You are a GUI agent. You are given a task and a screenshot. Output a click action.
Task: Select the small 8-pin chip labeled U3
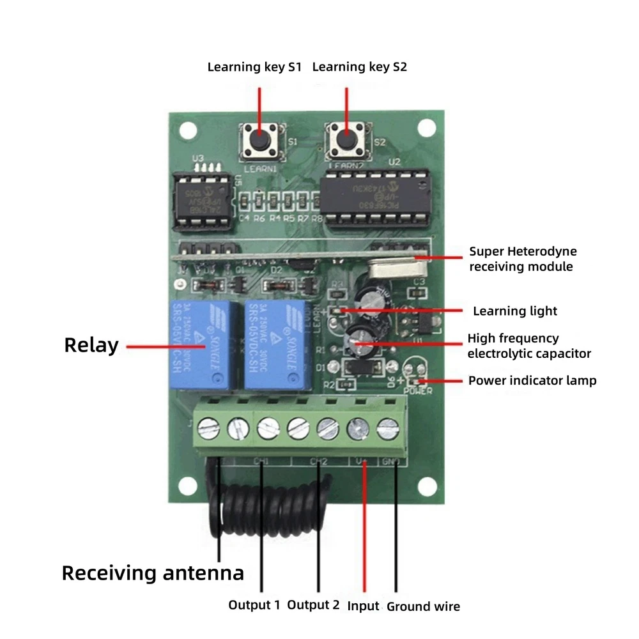click(x=203, y=201)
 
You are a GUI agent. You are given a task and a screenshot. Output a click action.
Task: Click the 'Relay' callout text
click(x=91, y=346)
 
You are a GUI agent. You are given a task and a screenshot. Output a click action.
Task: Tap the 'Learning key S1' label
click(x=254, y=67)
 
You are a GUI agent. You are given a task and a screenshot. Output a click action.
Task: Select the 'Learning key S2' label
click(x=359, y=67)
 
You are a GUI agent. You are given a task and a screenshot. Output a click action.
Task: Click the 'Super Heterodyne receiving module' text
click(x=522, y=259)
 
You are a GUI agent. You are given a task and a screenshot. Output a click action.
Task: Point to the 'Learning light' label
click(x=514, y=311)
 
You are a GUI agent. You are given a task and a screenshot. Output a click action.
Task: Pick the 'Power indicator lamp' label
click(x=532, y=381)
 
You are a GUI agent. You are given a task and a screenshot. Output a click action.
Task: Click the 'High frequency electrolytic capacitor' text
click(x=528, y=346)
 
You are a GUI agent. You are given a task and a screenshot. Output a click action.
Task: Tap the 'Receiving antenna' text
click(x=153, y=573)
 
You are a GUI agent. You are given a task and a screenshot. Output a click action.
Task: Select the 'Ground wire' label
click(x=423, y=606)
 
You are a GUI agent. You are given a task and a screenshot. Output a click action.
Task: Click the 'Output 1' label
click(x=254, y=604)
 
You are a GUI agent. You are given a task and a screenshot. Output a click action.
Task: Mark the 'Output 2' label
click(x=313, y=604)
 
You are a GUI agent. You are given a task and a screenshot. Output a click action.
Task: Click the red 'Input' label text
click(x=363, y=606)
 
